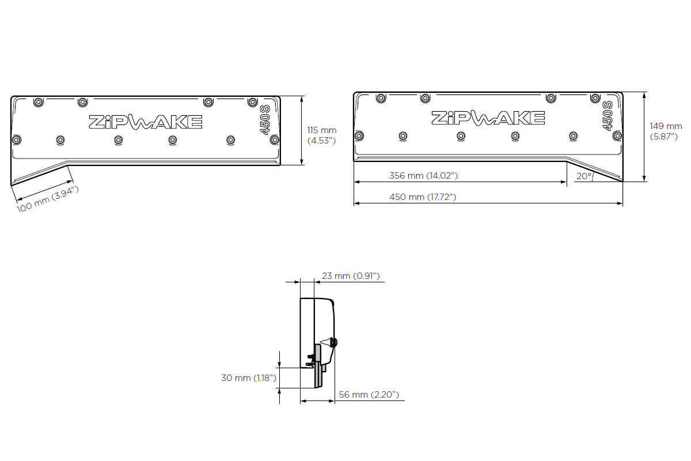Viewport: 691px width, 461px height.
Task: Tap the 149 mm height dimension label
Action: [x=666, y=131]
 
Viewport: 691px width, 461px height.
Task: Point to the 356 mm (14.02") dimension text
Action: [x=424, y=175]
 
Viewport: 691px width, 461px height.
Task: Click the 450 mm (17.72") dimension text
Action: [x=423, y=197]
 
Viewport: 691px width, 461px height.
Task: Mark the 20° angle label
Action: [x=583, y=176]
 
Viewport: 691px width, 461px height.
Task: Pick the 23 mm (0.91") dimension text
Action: [x=351, y=276]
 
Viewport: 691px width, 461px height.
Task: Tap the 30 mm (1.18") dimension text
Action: [x=249, y=378]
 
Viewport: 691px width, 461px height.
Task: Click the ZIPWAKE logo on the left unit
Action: [x=145, y=122]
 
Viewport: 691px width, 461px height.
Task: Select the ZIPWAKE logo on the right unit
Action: [x=488, y=118]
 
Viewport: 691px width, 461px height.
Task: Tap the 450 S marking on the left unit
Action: [x=265, y=120]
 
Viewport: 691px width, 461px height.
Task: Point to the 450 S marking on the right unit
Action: [x=608, y=116]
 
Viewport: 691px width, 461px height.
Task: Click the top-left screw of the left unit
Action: [x=38, y=102]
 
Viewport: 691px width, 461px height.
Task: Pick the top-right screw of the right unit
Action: [x=594, y=98]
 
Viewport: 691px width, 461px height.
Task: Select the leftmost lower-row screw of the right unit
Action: [x=359, y=136]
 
